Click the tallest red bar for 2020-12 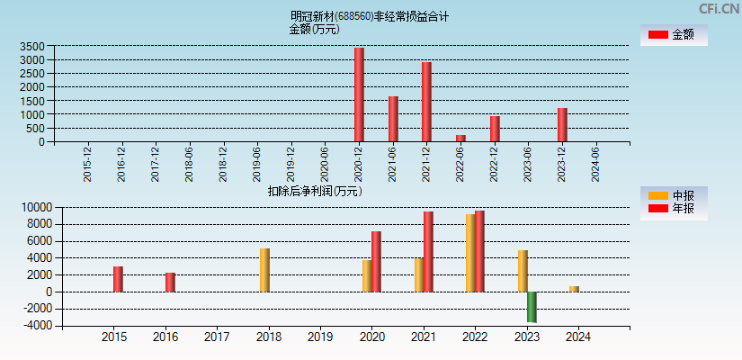(359, 94)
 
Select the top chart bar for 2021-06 (393, 119)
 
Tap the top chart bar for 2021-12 (426, 102)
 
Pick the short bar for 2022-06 (460, 138)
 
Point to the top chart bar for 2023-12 (562, 125)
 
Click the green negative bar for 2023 (532, 307)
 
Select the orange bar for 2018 (264, 270)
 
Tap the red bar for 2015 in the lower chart (118, 279)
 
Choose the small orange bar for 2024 (574, 289)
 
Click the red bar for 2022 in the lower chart (479, 251)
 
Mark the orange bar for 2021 (419, 274)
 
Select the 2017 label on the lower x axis (217, 337)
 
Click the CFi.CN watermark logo (719, 8)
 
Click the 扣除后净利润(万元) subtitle (314, 191)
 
